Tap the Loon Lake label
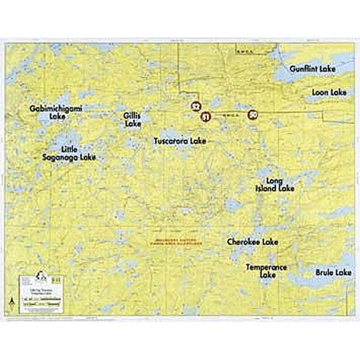(x=329, y=92)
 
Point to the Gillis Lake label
(x=132, y=119)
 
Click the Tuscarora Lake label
(x=180, y=141)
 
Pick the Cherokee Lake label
(x=252, y=242)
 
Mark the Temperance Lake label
(x=266, y=271)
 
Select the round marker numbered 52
(x=195, y=107)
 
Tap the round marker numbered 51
(x=206, y=117)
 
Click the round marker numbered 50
(x=252, y=115)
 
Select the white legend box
(x=41, y=294)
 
